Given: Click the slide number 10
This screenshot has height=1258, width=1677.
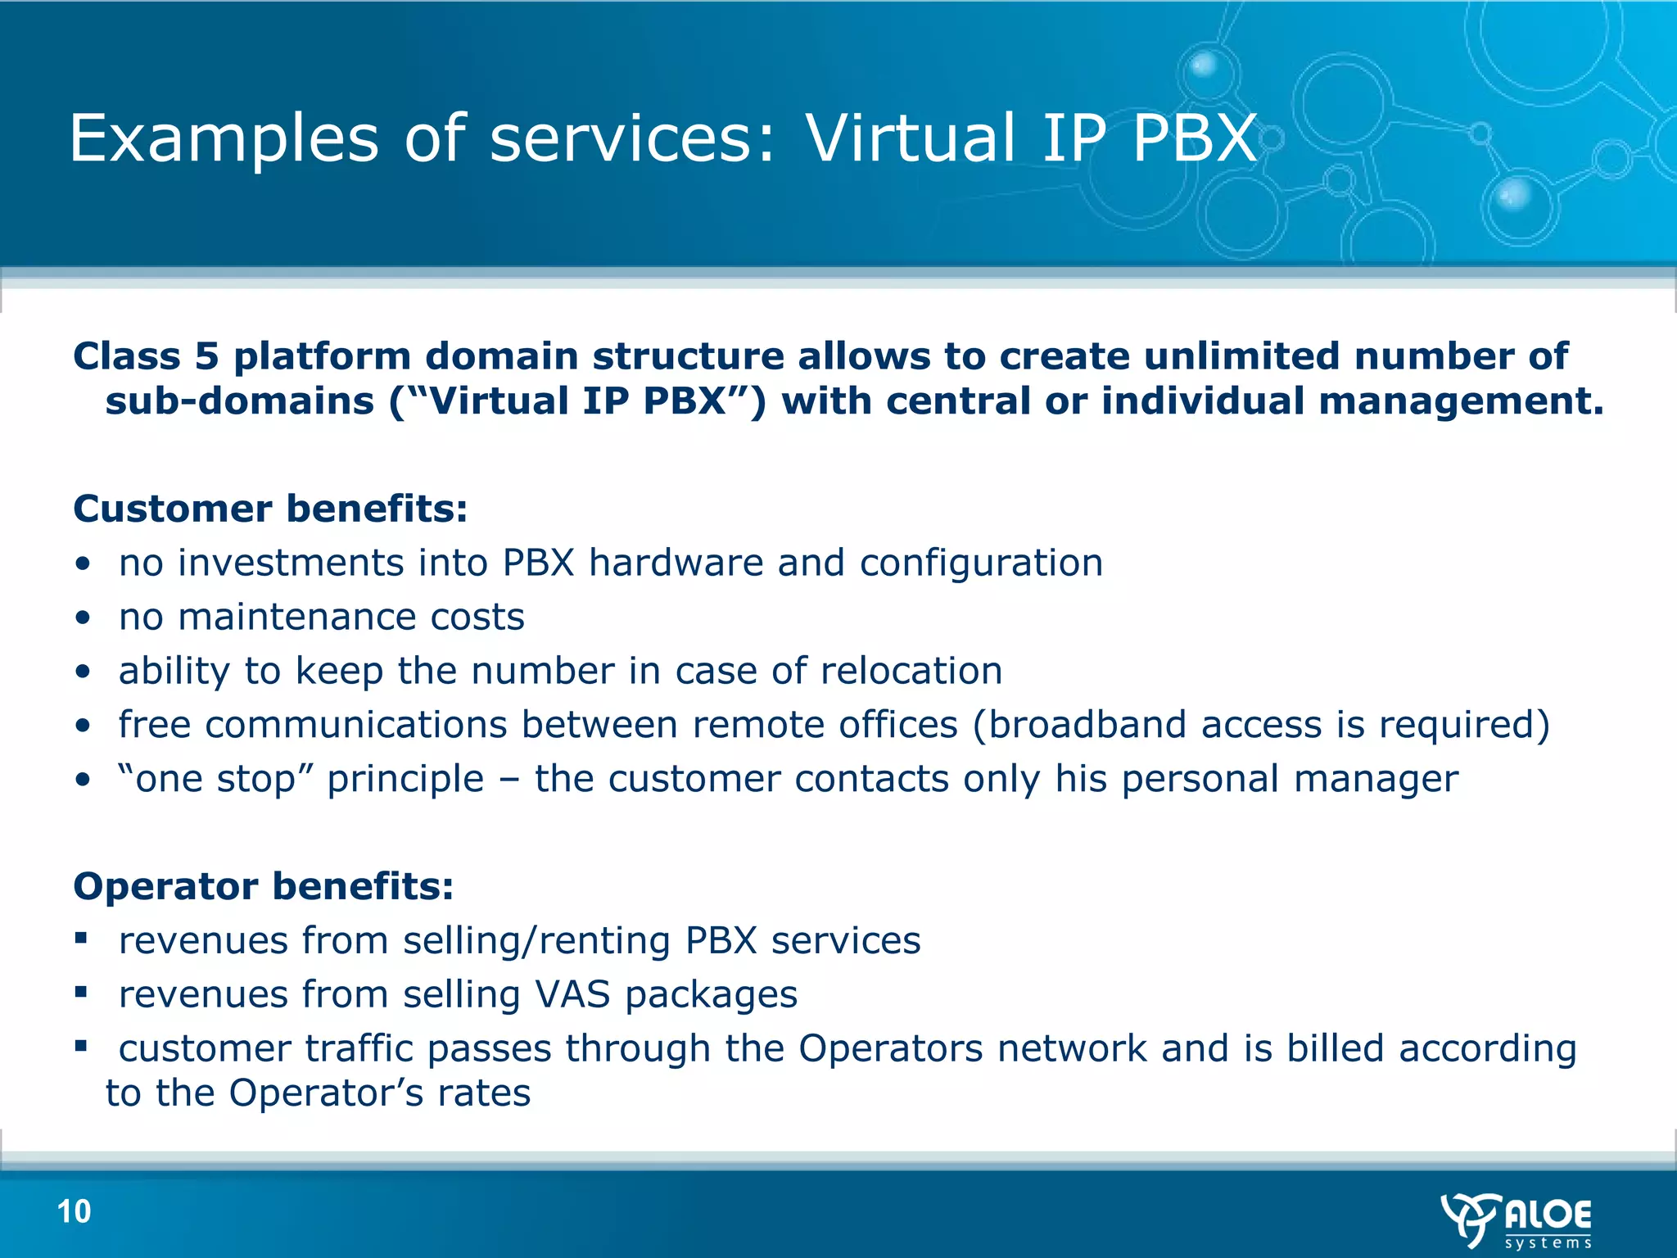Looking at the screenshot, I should coord(74,1211).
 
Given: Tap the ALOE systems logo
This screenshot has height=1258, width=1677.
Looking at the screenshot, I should coord(1517,1220).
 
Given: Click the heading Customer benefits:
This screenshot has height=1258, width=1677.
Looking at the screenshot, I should coord(270,509).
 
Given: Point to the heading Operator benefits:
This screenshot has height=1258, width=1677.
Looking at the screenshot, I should coord(263,886).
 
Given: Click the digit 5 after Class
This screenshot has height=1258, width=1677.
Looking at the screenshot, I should coord(206,356).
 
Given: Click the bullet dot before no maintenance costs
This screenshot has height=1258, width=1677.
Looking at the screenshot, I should coord(82,618).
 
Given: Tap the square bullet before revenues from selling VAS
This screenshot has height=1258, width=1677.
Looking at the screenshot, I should coord(80,992).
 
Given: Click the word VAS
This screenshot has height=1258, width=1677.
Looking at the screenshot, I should coord(572,995).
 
